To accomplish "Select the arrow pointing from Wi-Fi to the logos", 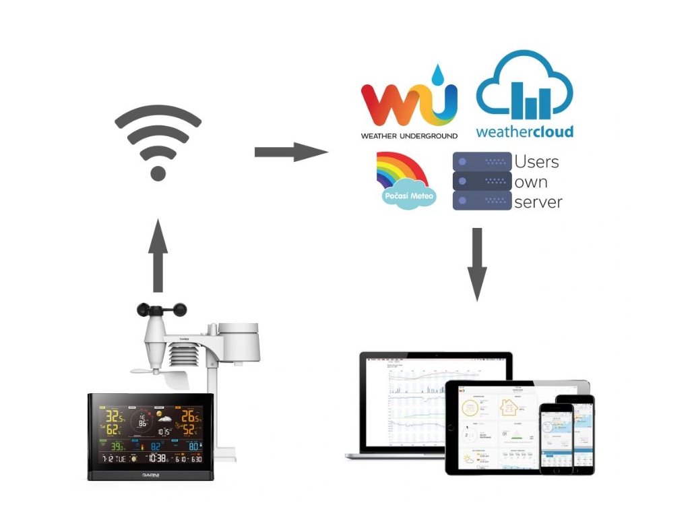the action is (x=290, y=152).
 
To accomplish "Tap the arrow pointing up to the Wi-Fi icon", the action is (x=158, y=255).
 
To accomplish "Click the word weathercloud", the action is (x=524, y=132).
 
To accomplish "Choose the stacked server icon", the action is (x=482, y=181).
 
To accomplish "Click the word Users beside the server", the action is (x=536, y=163).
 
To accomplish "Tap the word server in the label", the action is (x=538, y=202).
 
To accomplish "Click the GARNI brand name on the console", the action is (x=149, y=475).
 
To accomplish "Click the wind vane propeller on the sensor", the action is (x=149, y=370).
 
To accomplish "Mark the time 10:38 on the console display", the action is (x=157, y=458).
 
